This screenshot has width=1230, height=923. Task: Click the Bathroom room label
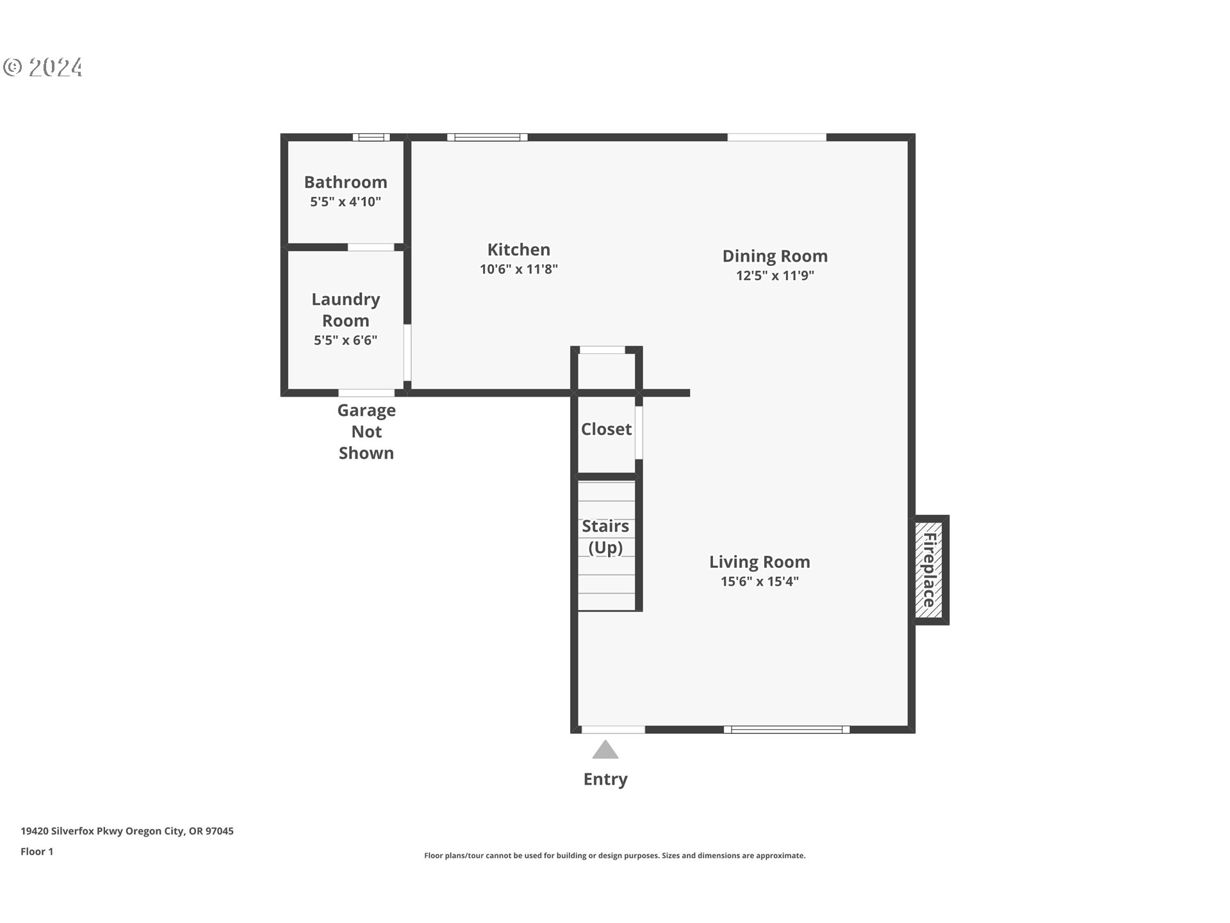pos(345,182)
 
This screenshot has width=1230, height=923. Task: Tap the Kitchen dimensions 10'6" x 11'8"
pos(518,269)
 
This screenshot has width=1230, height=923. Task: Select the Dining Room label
pos(775,256)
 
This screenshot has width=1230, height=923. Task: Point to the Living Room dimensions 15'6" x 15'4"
pos(759,581)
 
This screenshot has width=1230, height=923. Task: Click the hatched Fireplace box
pos(929,570)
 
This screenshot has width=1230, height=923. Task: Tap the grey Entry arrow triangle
pos(605,750)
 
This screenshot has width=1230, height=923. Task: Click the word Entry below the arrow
pos(605,779)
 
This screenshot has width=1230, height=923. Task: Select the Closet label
pos(606,429)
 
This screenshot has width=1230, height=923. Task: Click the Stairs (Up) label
pos(605,536)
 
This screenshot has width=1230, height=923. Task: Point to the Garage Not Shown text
pos(366,431)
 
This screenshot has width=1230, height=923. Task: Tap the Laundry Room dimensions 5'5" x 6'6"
pos(345,340)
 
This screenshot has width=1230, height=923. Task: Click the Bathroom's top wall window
pos(371,137)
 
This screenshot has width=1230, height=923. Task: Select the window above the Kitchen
pos(487,137)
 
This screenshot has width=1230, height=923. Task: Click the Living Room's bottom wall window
pos(787,729)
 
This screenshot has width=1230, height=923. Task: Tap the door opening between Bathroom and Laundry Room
pos(370,247)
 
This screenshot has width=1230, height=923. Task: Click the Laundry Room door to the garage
pos(366,393)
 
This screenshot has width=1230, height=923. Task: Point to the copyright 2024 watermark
pos(43,67)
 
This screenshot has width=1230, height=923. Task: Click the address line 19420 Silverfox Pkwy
pos(127,831)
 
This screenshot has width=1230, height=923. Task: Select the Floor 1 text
pos(37,851)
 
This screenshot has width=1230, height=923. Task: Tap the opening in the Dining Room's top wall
pos(776,137)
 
